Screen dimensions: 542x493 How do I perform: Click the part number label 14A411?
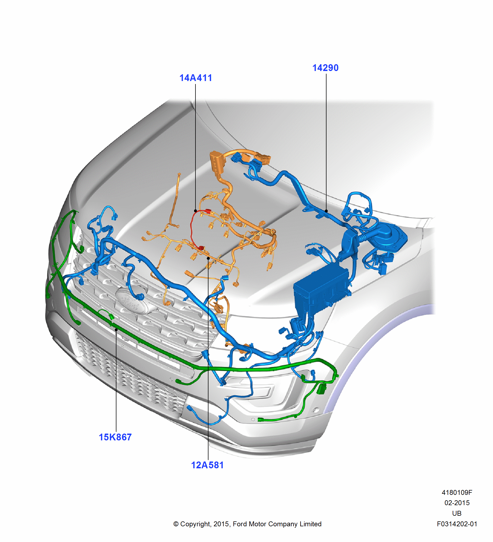pyautogui.click(x=195, y=78)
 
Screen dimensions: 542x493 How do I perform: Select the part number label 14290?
pyautogui.click(x=325, y=68)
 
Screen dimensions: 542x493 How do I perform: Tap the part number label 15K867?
pyautogui.click(x=115, y=437)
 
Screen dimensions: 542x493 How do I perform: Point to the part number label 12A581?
pyautogui.click(x=207, y=465)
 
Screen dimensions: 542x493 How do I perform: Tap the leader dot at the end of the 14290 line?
pyautogui.click(x=326, y=211)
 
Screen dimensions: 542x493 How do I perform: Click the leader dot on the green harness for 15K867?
pyautogui.click(x=116, y=330)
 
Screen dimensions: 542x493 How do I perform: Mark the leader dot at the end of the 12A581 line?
pyautogui.click(x=208, y=258)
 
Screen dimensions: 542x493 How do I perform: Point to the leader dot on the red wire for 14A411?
pyautogui.click(x=195, y=211)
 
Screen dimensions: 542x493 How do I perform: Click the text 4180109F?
pyautogui.click(x=457, y=492)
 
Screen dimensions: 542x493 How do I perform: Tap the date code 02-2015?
pyautogui.click(x=457, y=503)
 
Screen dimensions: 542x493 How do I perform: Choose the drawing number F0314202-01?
pyautogui.click(x=457, y=524)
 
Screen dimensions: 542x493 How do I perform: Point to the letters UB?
pyautogui.click(x=457, y=513)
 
